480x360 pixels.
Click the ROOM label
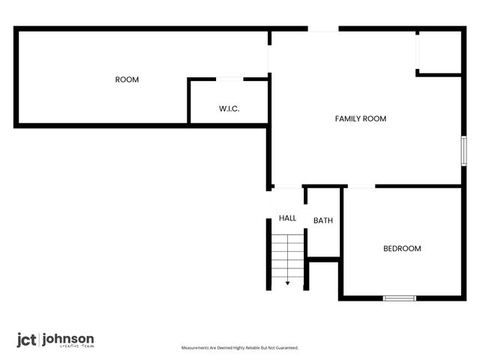[x=127, y=79]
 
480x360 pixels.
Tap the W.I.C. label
[x=229, y=109]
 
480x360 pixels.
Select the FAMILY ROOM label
[x=360, y=118]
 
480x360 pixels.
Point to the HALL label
[x=287, y=218]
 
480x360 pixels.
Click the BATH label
[x=323, y=220]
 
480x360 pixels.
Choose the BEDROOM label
[x=402, y=249]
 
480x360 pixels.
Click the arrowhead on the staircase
[x=287, y=283]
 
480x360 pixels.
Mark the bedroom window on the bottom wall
[x=399, y=298]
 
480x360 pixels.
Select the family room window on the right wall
[x=463, y=151]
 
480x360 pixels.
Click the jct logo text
[x=25, y=340]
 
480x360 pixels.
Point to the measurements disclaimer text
[x=240, y=348]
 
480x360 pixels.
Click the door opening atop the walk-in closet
[x=229, y=79]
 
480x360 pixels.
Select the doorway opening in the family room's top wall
[x=323, y=29]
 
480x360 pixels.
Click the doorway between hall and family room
[x=287, y=186]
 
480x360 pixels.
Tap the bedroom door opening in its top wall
[x=359, y=186]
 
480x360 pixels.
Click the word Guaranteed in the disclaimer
[x=286, y=348]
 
